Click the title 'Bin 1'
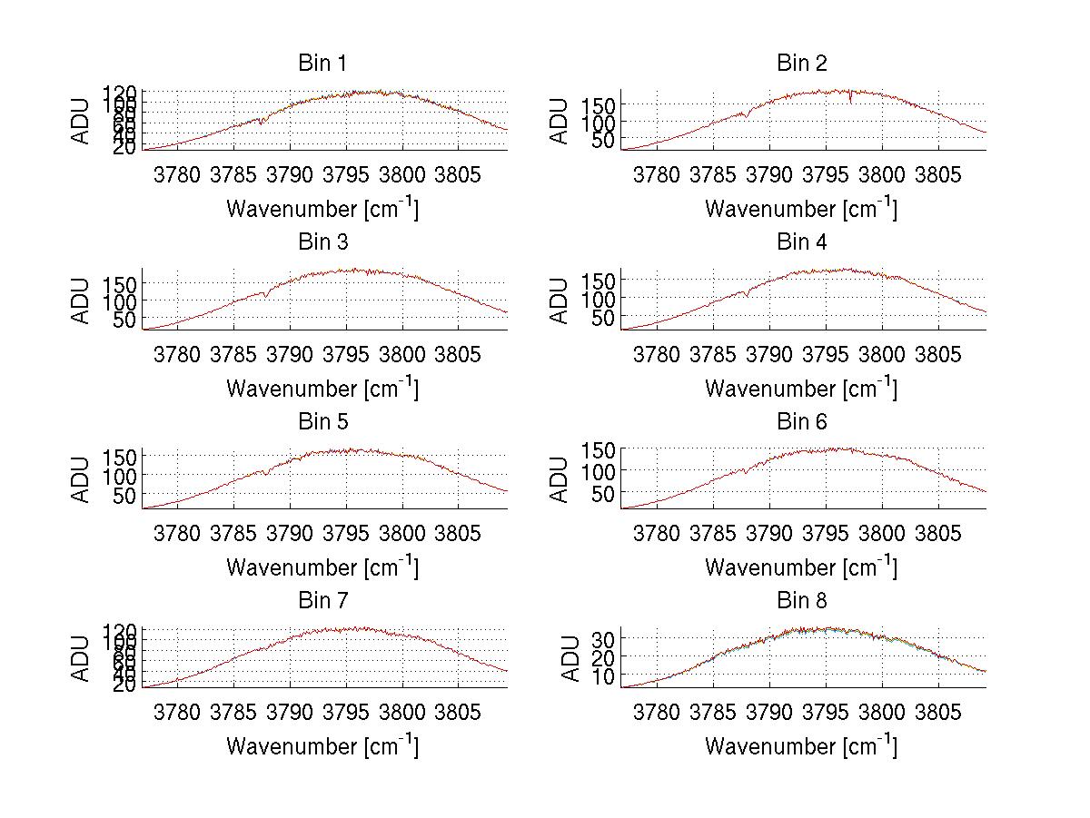tap(322, 64)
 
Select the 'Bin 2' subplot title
tap(801, 64)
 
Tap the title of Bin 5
tap(322, 422)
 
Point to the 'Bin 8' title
tap(801, 601)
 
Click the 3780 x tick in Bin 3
tap(177, 352)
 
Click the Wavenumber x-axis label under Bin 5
tap(322, 567)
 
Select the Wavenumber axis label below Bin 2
tap(801, 209)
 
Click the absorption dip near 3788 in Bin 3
tap(265, 295)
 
